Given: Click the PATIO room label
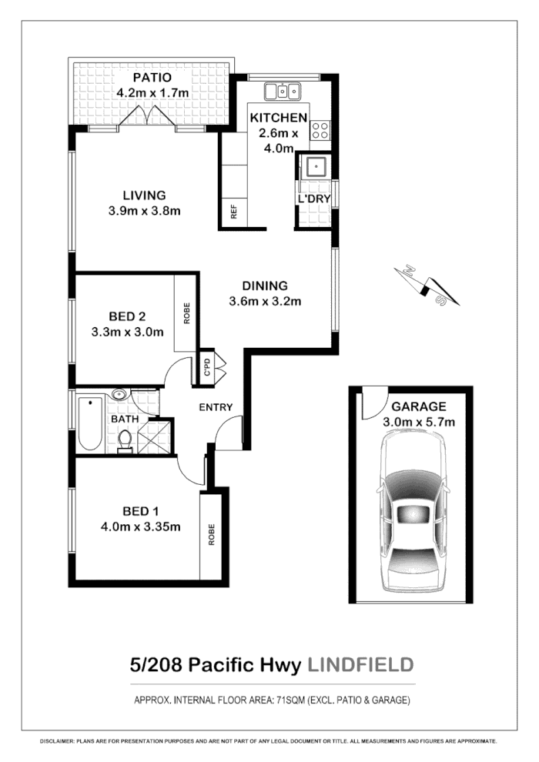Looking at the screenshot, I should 151,78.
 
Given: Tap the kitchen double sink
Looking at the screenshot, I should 283,92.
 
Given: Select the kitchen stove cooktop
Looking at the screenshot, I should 320,130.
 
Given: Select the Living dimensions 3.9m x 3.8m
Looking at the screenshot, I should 145,210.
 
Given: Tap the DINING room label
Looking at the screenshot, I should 265,285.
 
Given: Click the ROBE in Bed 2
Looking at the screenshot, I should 186,313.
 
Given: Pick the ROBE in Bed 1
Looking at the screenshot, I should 211,535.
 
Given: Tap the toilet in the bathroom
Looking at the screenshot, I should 125,442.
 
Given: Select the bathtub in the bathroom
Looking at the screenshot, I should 89,423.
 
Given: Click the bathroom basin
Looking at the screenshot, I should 120,395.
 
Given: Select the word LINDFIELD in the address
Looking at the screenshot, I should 360,664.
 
